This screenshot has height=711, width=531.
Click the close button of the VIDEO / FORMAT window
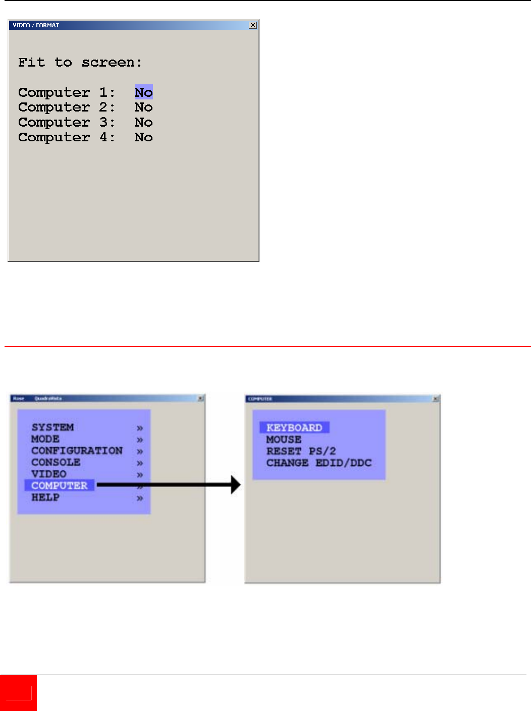[x=253, y=25]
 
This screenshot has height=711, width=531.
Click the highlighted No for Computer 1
[x=143, y=92]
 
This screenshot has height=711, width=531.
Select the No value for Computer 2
[x=143, y=107]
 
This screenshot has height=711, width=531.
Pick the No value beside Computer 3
[x=143, y=123]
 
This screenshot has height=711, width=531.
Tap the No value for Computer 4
[x=143, y=137]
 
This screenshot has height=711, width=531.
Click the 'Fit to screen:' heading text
[x=80, y=63]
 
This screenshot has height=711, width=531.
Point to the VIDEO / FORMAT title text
[x=36, y=25]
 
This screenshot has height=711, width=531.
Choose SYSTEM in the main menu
[x=52, y=427]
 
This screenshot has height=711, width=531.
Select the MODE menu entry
[x=45, y=439]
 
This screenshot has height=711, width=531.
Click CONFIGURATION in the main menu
[x=77, y=451]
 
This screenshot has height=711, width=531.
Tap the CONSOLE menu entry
[x=56, y=462]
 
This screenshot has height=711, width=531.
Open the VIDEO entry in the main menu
[x=49, y=474]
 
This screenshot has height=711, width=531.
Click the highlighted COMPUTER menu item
[x=60, y=485]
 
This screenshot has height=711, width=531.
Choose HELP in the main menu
[x=45, y=498]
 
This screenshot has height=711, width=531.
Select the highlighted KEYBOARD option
[x=294, y=428]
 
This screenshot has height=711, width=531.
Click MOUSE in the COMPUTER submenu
[x=284, y=440]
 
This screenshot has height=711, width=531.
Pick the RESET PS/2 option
[x=301, y=451]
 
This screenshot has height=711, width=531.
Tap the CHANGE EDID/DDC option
[x=319, y=463]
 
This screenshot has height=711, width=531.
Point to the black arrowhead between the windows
[x=235, y=485]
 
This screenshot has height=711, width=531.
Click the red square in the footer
[x=18, y=693]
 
